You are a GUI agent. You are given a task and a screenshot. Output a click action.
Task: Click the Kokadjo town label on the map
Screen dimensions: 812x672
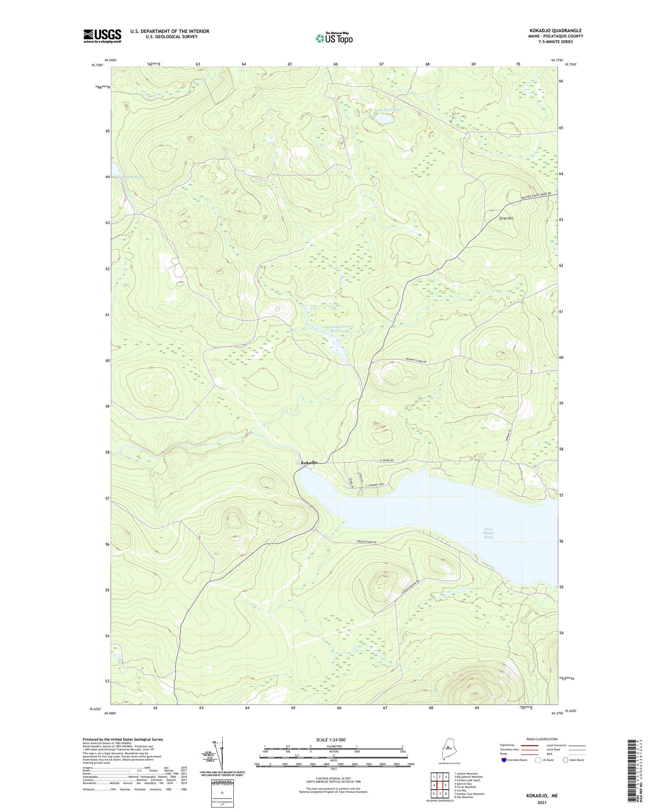click(x=310, y=462)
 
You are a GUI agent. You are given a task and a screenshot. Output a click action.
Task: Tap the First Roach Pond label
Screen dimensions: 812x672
click(x=488, y=533)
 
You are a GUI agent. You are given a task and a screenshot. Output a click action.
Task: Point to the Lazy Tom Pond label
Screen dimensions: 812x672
click(x=388, y=110)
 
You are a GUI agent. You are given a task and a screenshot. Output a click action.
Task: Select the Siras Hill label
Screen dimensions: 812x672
click(x=506, y=218)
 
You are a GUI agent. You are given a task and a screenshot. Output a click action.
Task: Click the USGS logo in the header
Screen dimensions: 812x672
click(x=102, y=36)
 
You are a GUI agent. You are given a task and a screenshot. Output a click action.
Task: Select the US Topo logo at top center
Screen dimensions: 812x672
click(x=334, y=39)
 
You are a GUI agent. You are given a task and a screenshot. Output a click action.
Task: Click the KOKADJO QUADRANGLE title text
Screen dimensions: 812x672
click(x=556, y=30)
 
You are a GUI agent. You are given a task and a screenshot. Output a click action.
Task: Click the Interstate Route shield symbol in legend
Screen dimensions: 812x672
click(x=504, y=760)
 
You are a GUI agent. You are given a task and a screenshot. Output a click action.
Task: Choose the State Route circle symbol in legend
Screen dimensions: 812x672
click(x=565, y=760)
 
